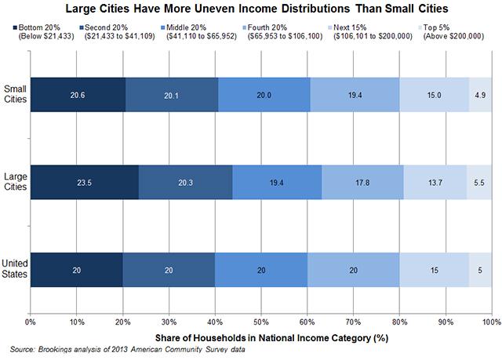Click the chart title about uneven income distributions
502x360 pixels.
point(251,10)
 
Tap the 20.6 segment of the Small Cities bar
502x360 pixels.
point(77,95)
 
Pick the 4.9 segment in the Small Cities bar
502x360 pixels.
point(480,95)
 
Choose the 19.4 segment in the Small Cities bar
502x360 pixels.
point(355,95)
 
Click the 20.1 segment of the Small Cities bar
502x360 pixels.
point(172,95)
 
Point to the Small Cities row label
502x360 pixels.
point(13,94)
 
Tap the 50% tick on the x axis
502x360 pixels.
point(260,322)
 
